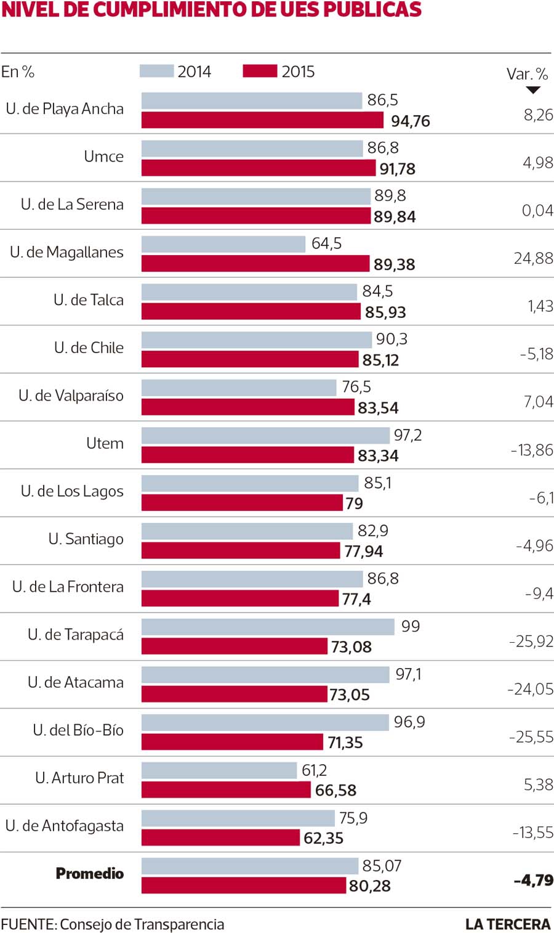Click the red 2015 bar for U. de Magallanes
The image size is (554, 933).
(255, 264)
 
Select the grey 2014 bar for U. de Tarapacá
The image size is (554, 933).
(268, 627)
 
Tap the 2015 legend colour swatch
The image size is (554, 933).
(260, 71)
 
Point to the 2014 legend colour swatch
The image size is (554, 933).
(156, 71)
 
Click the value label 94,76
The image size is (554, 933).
(411, 121)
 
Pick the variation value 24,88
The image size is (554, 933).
(533, 258)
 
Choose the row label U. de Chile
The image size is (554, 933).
(89, 348)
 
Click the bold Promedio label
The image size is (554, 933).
(90, 873)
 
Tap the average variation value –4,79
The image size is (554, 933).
(533, 880)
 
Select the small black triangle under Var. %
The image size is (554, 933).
(533, 90)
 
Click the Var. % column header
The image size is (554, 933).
(527, 75)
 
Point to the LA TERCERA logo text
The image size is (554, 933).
(507, 924)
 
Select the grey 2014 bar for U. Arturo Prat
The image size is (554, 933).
(219, 770)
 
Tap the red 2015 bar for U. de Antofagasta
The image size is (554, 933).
(220, 837)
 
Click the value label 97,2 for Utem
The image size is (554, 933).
(407, 436)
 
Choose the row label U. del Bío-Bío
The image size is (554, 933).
(78, 730)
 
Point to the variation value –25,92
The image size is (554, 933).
(531, 642)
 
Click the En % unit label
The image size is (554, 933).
(18, 72)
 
